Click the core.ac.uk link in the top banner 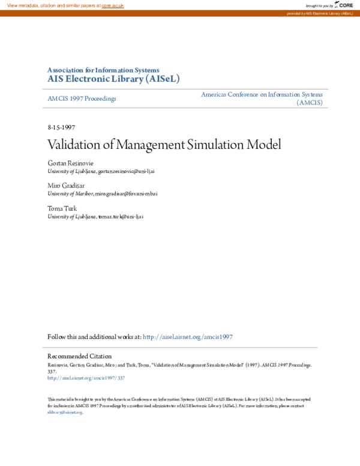tap(112, 5)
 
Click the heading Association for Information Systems tap(103, 70)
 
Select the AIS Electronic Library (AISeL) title tap(113, 79)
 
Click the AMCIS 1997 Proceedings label tap(82, 98)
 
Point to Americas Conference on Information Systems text tap(262, 94)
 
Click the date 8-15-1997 tap(61, 128)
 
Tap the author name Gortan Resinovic tap(70, 163)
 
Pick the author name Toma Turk tap(62, 208)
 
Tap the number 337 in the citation tap(52, 372)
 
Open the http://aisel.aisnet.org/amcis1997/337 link tap(86, 378)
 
